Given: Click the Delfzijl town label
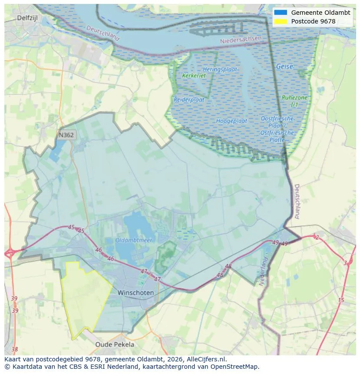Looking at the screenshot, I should [28, 18].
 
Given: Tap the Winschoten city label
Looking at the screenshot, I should [135, 293].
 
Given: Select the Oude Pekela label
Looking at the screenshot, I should [115, 344].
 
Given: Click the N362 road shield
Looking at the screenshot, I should [66, 135].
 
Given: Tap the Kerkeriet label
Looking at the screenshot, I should [194, 76].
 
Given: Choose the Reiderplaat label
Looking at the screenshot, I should [189, 99].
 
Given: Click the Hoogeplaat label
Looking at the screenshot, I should [231, 121].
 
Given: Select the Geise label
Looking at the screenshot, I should [284, 67].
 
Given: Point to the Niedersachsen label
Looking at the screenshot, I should [241, 40].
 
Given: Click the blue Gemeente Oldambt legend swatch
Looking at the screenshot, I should [281, 13].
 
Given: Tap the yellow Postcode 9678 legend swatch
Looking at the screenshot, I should [281, 21].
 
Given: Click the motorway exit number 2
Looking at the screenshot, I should [317, 237].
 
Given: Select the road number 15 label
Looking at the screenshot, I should [341, 300].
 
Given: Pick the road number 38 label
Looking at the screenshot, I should [15, 349].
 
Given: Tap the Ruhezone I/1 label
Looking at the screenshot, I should [294, 101].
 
